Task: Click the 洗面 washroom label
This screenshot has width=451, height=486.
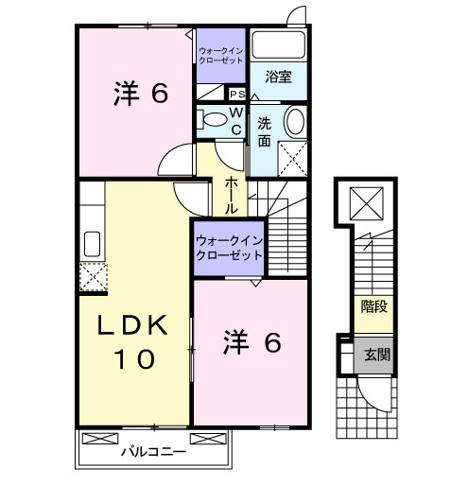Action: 265,130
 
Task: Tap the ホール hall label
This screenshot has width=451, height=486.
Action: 231,195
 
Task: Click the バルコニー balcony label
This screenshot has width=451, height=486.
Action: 153,451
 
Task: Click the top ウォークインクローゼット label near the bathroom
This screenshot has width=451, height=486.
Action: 220,54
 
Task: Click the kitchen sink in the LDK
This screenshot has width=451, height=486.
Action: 93,243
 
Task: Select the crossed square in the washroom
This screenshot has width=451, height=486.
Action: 292,156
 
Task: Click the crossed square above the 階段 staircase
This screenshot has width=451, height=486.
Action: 365,200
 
